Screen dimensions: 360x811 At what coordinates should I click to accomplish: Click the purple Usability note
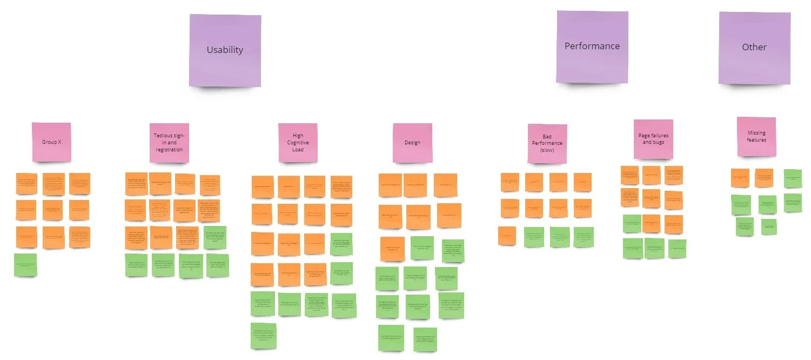tap(225, 50)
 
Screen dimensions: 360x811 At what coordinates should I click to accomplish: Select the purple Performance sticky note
tap(592, 47)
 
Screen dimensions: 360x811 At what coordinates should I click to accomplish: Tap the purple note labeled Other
tap(754, 48)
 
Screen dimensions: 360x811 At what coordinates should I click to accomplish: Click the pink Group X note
tap(51, 142)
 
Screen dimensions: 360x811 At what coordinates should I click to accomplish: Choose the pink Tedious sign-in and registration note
tap(169, 143)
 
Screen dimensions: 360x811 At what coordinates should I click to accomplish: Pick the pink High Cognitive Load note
tap(298, 143)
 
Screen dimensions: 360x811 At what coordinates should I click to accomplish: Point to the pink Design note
tap(412, 143)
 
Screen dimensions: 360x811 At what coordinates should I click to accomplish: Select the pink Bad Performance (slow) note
tap(547, 143)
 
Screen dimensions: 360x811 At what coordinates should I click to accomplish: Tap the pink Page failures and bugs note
tap(653, 139)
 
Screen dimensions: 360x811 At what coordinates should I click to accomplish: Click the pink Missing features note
tap(756, 137)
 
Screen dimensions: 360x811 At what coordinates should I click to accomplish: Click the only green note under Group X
tap(25, 265)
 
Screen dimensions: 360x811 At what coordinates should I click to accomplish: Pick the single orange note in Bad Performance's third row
tap(507, 236)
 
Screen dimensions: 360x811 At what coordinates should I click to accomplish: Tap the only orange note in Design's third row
tap(392, 248)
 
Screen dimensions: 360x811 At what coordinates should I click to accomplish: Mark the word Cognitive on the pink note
tap(298, 143)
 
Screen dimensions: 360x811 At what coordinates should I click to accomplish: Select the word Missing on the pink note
tap(756, 133)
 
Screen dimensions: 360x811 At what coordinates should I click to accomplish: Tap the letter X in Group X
tap(58, 142)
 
